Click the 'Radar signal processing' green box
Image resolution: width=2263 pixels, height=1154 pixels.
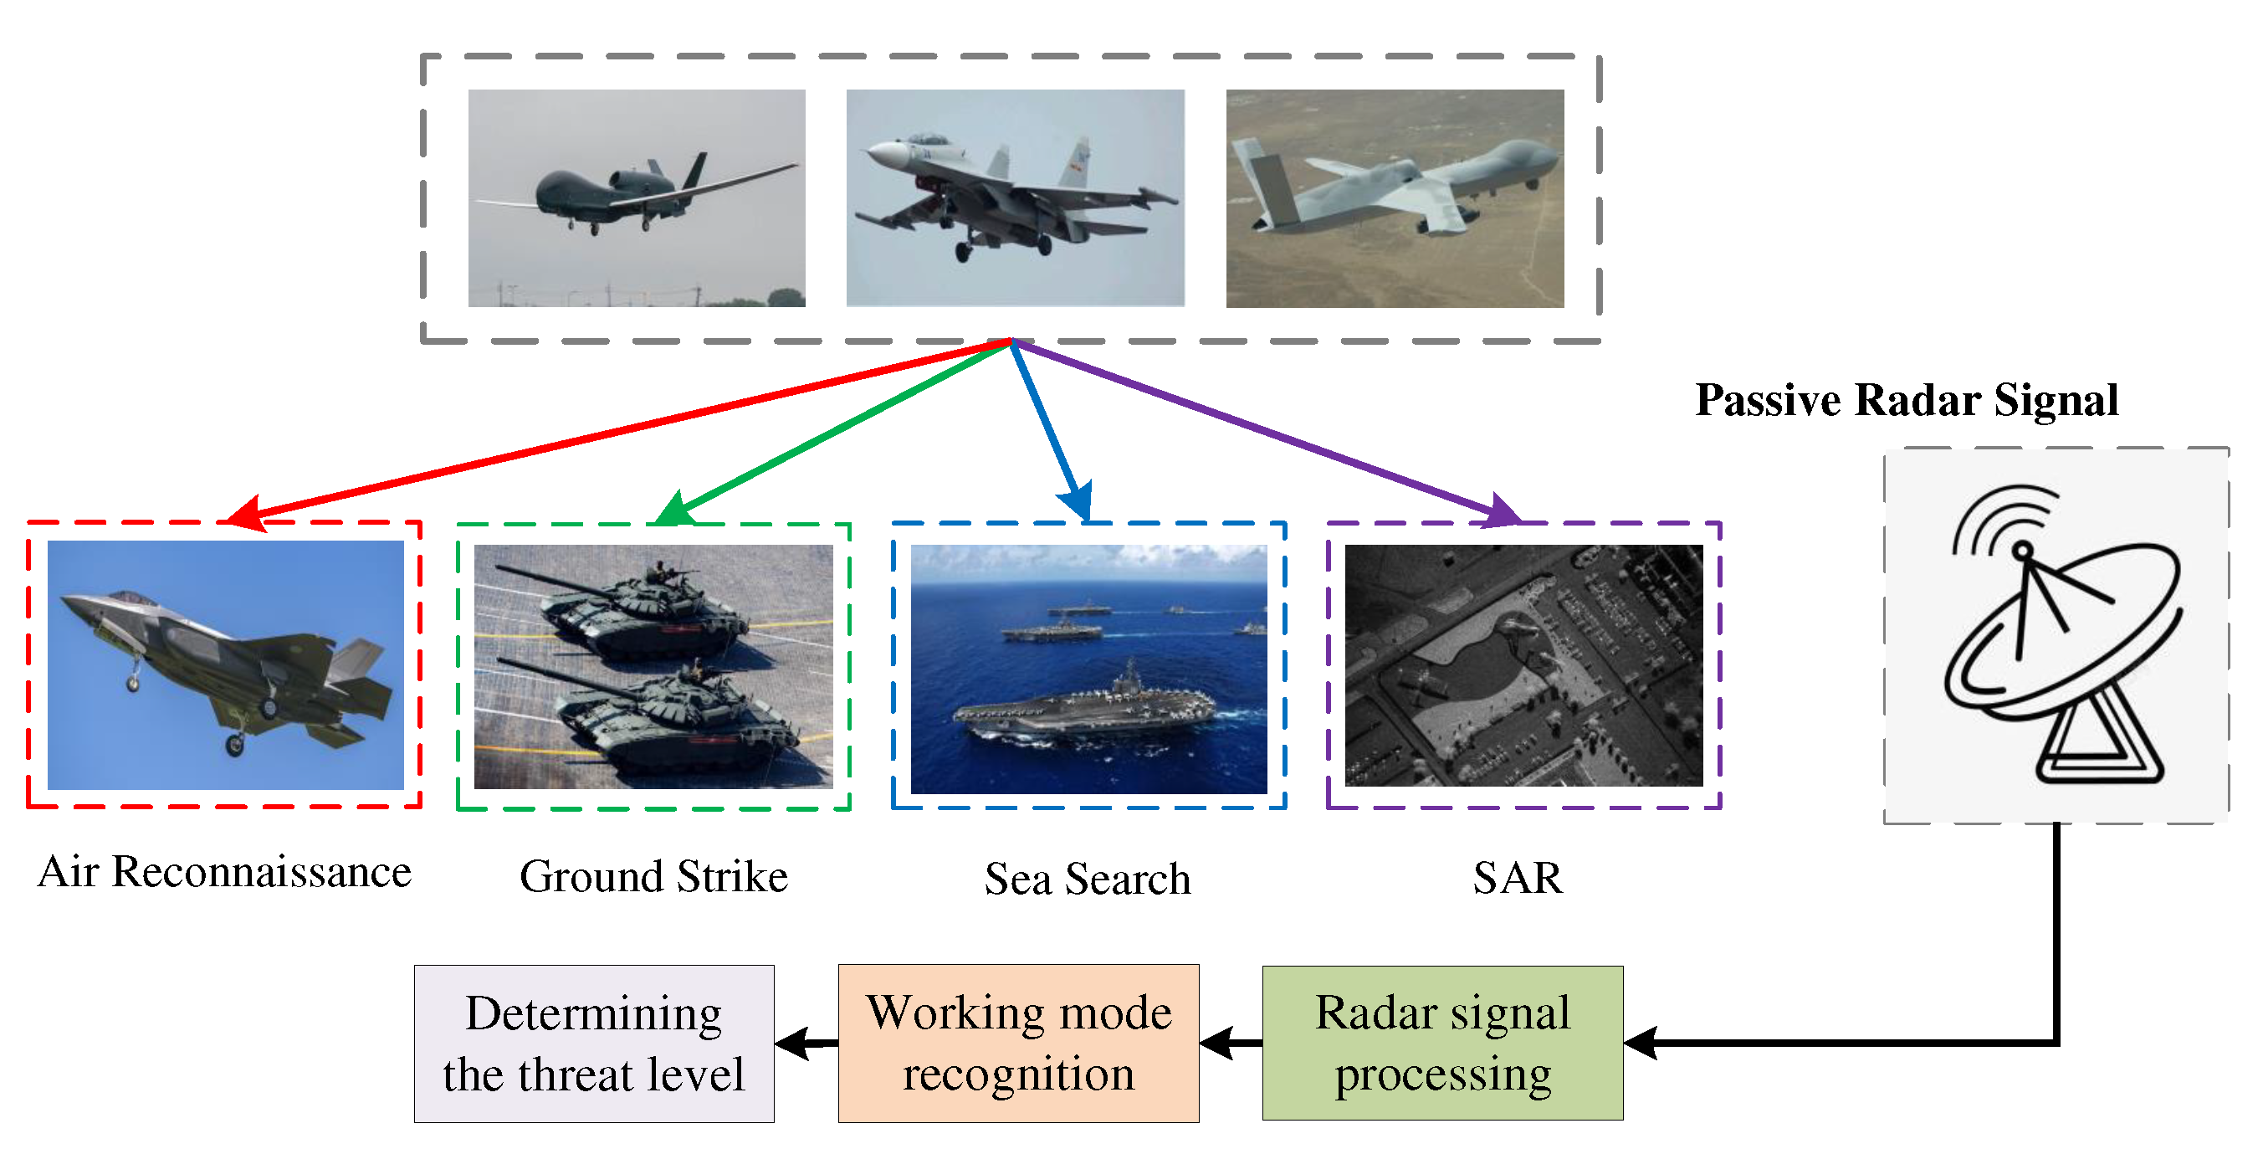[x=1442, y=1043]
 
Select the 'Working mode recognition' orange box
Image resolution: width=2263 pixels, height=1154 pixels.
[x=1018, y=1043]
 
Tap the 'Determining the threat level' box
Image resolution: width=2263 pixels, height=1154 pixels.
[x=594, y=1043]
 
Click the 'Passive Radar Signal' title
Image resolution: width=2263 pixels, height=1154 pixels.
[x=1907, y=401]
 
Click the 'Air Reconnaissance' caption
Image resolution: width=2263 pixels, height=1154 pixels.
[x=225, y=872]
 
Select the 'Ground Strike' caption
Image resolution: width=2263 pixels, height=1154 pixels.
[x=653, y=876]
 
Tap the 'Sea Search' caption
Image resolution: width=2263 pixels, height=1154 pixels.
[x=1088, y=879]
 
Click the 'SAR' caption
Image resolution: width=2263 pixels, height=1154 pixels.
[x=1518, y=878]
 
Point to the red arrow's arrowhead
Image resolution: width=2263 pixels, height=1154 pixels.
[x=246, y=513]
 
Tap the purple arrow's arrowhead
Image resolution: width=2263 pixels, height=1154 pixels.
[x=1498, y=511]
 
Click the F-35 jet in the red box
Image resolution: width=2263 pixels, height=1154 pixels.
[x=228, y=668]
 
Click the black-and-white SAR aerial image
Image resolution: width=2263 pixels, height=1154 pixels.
[x=1523, y=664]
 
